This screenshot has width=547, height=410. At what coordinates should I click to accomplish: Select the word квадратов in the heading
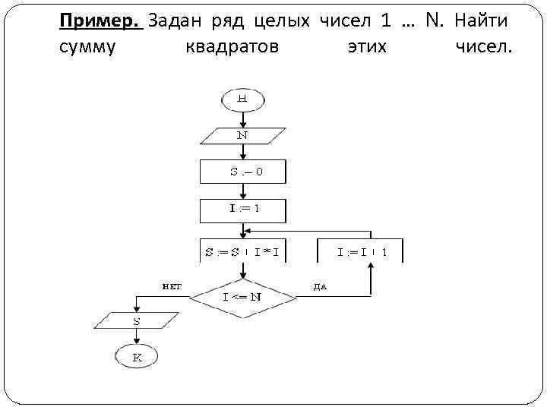[232, 47]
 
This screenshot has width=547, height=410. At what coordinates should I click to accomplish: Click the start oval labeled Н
[242, 99]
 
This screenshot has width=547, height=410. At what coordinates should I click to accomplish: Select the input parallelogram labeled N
[242, 135]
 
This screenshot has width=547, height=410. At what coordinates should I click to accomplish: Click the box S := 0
[243, 172]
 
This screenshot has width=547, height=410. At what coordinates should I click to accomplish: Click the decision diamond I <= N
[242, 296]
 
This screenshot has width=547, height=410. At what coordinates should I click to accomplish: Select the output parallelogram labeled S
[137, 321]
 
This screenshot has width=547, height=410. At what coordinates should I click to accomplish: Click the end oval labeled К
[137, 356]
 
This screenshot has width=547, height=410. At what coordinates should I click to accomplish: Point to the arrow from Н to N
[242, 118]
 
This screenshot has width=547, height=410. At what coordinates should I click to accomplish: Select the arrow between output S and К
[137, 337]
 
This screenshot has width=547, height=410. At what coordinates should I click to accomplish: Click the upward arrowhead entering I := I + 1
[372, 267]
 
